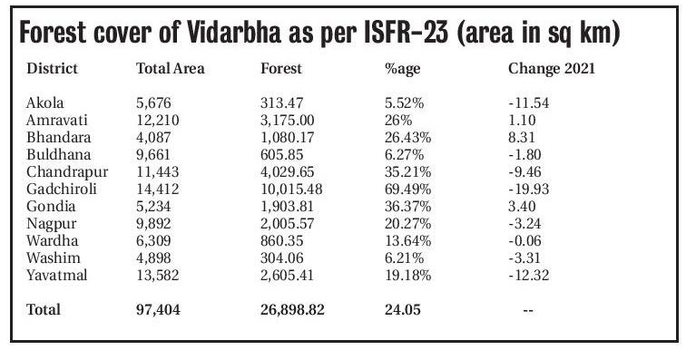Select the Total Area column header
pyautogui.click(x=170, y=69)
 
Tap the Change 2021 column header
pyautogui.click(x=551, y=69)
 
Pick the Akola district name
pyautogui.click(x=45, y=102)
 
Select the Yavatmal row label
pyautogui.click(x=57, y=275)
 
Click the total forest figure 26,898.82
pyautogui.click(x=292, y=309)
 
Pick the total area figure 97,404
pyautogui.click(x=158, y=309)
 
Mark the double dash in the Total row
pyautogui.click(x=527, y=310)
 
